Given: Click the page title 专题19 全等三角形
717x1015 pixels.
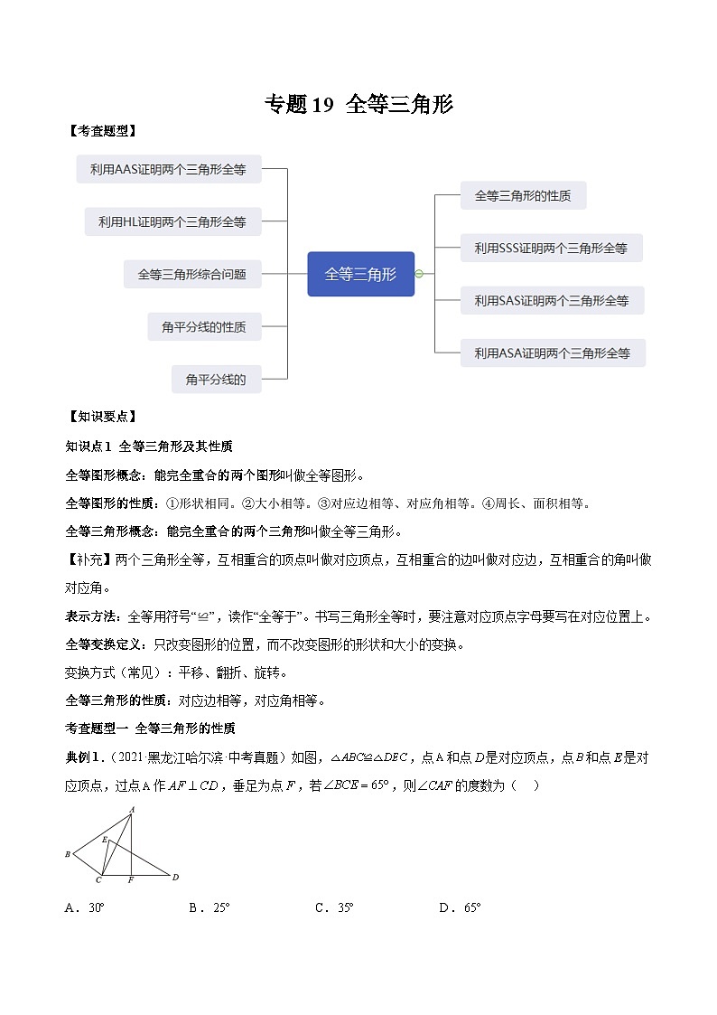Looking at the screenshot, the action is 358,105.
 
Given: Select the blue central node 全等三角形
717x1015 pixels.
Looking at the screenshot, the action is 360,274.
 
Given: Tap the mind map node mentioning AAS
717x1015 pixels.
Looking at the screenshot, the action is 168,168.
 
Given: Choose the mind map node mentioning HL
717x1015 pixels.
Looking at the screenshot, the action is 172,221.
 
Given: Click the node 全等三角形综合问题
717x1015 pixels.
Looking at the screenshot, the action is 191,274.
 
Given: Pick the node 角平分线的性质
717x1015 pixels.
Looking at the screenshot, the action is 203,327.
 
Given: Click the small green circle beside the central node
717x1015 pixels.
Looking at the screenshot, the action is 419,274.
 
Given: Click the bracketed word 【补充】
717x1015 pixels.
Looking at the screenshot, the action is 89,560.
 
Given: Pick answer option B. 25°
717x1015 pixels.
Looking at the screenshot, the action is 210,907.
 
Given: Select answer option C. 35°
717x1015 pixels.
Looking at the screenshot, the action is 334,907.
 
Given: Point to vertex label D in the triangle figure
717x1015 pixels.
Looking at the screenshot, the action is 175,877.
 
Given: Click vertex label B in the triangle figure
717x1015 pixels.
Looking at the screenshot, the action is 68,853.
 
